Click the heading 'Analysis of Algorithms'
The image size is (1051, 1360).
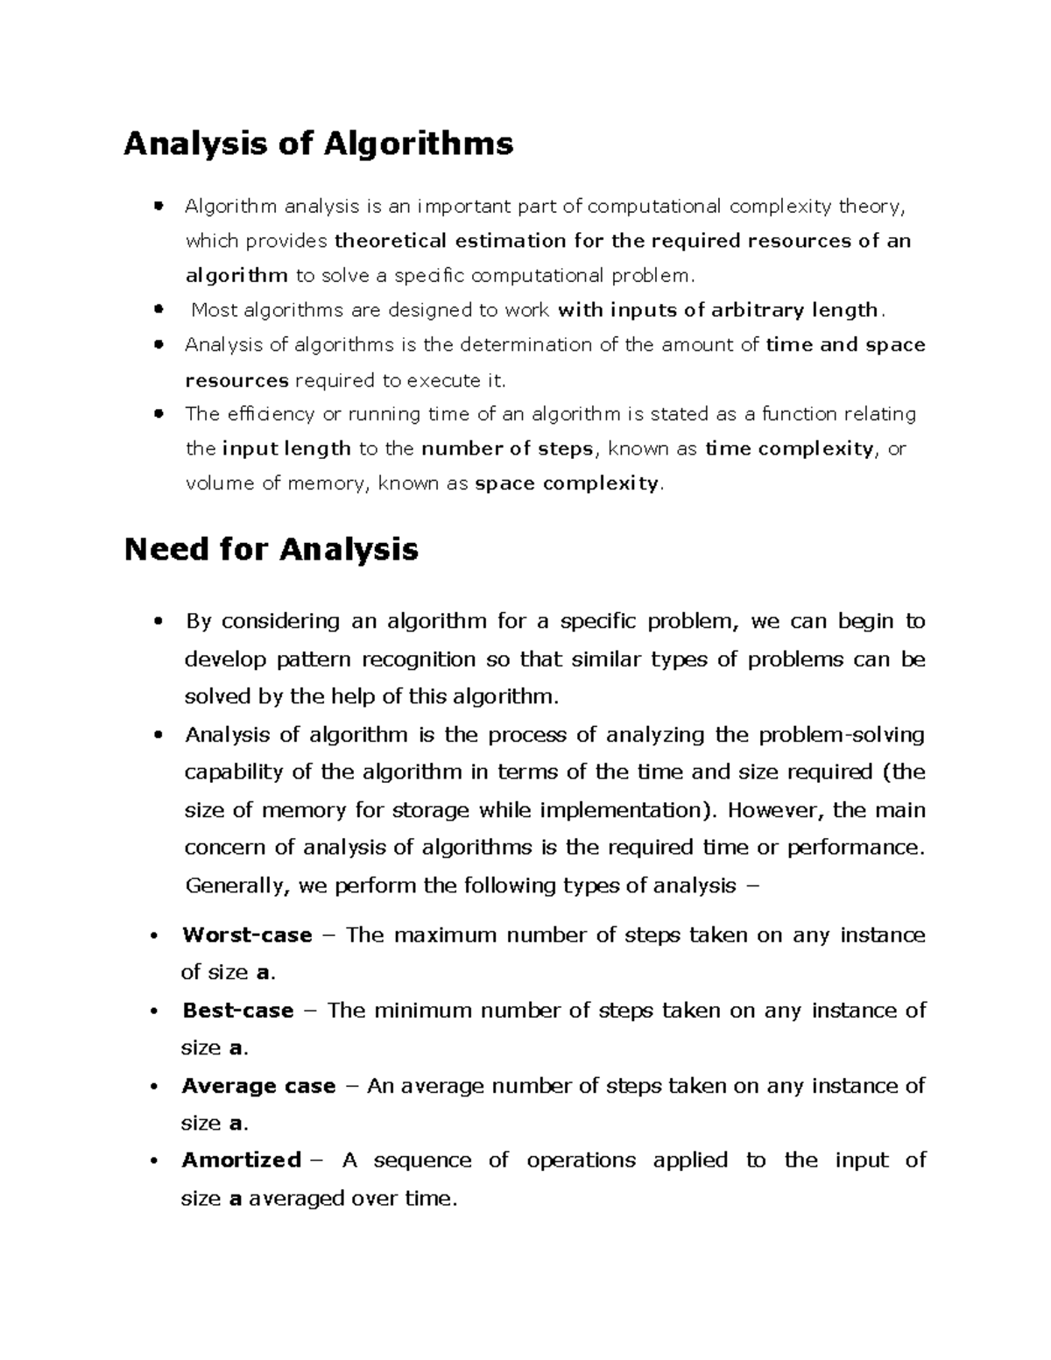pos(318,143)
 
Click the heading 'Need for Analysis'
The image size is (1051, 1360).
pos(271,550)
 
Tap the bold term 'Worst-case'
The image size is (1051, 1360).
pos(247,935)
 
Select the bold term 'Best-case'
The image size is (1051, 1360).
pos(237,1011)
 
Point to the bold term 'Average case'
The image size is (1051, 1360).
pos(258,1086)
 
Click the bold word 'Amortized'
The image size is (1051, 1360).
pos(241,1160)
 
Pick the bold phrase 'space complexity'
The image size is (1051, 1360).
pos(566,483)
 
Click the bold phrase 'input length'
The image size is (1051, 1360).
pos(286,449)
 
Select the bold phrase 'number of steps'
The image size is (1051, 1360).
pos(508,449)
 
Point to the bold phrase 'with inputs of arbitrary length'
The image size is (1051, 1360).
pos(717,310)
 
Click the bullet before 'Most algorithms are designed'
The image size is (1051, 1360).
pos(159,310)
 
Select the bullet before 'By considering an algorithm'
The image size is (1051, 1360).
pos(159,622)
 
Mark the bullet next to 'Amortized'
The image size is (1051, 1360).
pos(154,1161)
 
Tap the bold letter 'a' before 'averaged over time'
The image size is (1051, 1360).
pos(235,1199)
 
